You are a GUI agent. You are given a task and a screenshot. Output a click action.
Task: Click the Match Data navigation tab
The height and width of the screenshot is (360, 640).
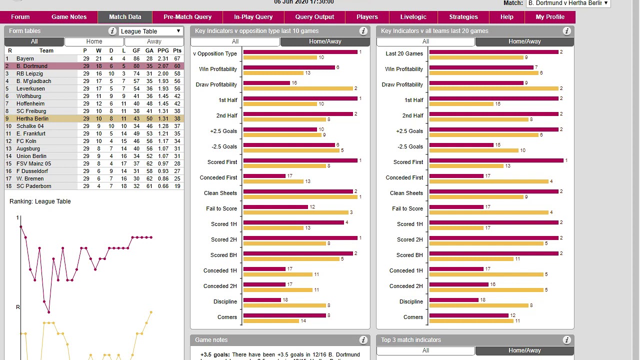(125, 17)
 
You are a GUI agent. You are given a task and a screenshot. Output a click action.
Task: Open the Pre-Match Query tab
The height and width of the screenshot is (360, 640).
(187, 17)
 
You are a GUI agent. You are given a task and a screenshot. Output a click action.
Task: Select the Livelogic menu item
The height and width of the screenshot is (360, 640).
(413, 17)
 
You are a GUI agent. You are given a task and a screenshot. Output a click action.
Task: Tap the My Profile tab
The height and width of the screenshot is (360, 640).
(550, 17)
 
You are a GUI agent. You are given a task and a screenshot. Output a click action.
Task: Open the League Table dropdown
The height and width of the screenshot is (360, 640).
(150, 31)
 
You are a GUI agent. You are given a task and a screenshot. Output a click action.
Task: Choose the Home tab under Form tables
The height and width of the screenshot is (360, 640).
(94, 41)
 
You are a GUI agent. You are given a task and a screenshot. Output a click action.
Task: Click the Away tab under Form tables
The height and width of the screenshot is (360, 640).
(154, 41)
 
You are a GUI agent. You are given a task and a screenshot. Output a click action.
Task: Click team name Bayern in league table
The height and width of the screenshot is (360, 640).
(25, 58)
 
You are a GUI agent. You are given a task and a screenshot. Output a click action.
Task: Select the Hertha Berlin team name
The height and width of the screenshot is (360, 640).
(32, 118)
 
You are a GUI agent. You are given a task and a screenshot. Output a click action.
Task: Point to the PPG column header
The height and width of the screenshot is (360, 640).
(163, 50)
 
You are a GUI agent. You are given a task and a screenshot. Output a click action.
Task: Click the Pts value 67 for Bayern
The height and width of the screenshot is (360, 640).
(177, 58)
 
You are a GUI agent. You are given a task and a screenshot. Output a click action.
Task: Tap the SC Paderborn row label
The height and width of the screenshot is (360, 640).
(33, 186)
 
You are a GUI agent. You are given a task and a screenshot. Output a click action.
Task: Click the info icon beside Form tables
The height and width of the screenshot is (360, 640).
(112, 31)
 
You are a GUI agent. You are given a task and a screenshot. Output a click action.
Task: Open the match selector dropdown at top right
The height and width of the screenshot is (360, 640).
(568, 3)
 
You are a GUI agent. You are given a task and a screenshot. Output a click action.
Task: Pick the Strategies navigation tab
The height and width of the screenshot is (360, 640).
(463, 17)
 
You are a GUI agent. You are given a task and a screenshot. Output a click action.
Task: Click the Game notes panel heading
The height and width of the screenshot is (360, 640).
(211, 340)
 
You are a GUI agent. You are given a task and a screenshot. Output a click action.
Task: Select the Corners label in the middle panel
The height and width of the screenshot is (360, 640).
(227, 317)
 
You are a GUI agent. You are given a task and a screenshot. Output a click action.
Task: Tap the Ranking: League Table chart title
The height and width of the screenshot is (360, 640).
(40, 201)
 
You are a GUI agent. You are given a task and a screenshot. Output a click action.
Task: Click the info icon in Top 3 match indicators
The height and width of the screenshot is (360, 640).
(566, 340)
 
